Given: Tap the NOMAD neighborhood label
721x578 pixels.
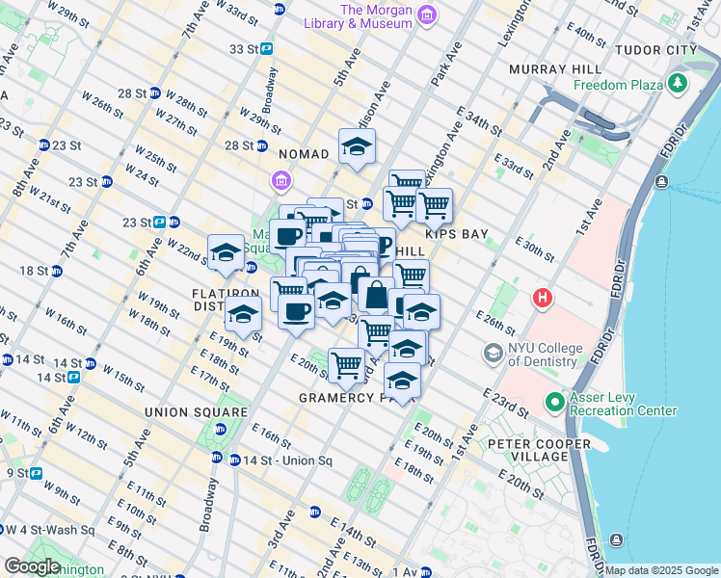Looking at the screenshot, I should pos(304,154).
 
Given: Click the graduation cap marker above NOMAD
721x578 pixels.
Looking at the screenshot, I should pos(357,147).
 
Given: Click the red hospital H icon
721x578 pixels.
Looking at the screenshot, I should pos(543,299).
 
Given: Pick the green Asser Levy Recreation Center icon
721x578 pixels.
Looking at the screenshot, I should pos(555,401).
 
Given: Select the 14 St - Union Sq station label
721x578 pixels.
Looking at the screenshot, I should pos(287,461).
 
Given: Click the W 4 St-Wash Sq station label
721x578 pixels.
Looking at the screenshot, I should pos(48,530).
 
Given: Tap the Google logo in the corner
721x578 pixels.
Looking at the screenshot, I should pos(31,566).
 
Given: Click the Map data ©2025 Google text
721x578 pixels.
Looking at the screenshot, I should pos(660,570).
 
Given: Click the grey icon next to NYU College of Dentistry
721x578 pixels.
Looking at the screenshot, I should pos(493,355).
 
